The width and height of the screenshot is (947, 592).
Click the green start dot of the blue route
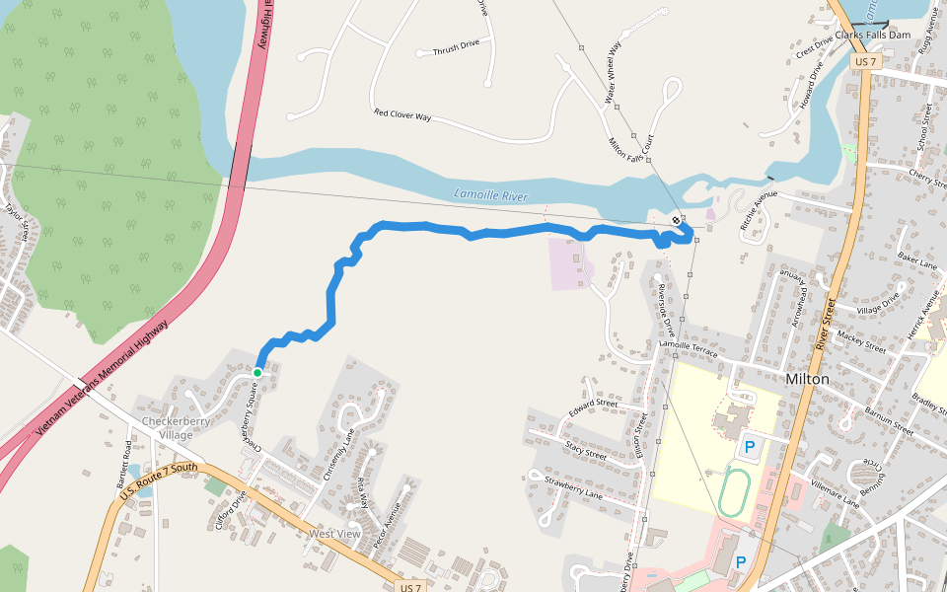click(257, 372)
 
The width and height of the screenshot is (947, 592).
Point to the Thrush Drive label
click(455, 46)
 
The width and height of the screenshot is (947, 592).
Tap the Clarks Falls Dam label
click(872, 35)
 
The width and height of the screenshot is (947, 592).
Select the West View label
click(334, 534)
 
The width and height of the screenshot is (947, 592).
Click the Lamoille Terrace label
click(688, 347)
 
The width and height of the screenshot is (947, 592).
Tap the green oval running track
click(732, 490)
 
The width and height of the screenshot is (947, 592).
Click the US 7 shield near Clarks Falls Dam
click(863, 61)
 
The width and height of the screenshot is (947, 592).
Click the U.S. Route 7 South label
click(158, 480)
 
